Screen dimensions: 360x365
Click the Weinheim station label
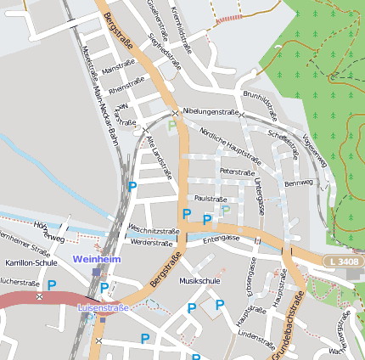(98, 258)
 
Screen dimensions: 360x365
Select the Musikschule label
(200, 280)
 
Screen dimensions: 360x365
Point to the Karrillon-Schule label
(31, 263)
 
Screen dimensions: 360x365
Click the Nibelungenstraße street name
(210, 111)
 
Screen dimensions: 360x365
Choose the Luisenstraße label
(103, 307)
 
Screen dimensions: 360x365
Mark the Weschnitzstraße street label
(153, 230)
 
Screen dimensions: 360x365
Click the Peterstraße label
(237, 172)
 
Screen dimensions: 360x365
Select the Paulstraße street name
(211, 198)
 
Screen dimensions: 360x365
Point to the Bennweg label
(299, 183)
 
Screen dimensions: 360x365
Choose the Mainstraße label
(118, 68)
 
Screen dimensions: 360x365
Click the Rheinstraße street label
(126, 86)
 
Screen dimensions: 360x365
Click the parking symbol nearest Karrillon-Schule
(52, 287)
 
